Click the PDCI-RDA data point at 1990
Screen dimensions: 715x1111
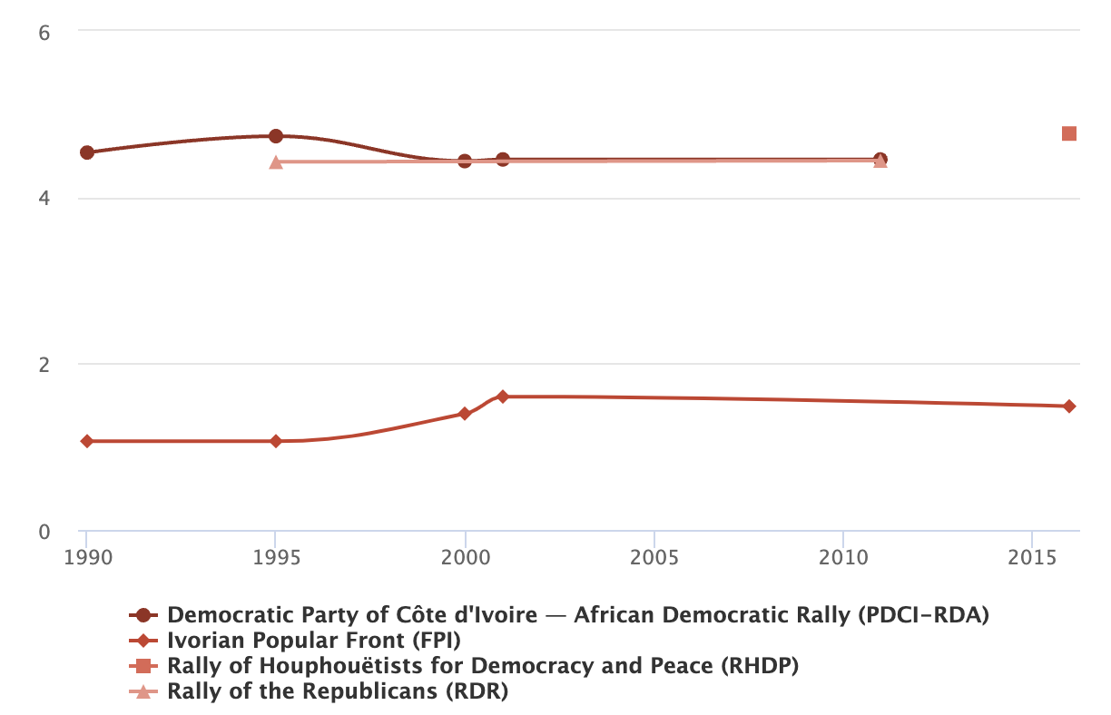[x=87, y=152]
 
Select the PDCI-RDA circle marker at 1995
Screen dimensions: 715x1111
[x=276, y=136]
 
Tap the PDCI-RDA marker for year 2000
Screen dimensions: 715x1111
[x=465, y=162]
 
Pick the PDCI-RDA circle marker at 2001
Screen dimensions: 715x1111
[x=503, y=160]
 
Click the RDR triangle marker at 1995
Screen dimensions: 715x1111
[x=276, y=162]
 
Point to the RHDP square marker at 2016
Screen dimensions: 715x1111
[x=1069, y=134]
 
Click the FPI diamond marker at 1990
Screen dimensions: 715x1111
[x=87, y=441]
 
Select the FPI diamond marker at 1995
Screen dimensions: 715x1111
[x=276, y=441]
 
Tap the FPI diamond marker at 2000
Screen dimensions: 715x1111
[x=465, y=414]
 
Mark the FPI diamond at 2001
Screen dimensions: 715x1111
[x=503, y=397]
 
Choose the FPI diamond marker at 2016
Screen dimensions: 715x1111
[x=1069, y=406]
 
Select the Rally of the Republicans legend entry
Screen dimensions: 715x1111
[x=337, y=691]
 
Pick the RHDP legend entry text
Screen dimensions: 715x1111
[x=482, y=665]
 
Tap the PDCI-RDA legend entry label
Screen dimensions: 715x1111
[x=577, y=614]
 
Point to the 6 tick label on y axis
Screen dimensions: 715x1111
[x=43, y=32]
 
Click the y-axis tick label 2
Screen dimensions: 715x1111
[x=43, y=365]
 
